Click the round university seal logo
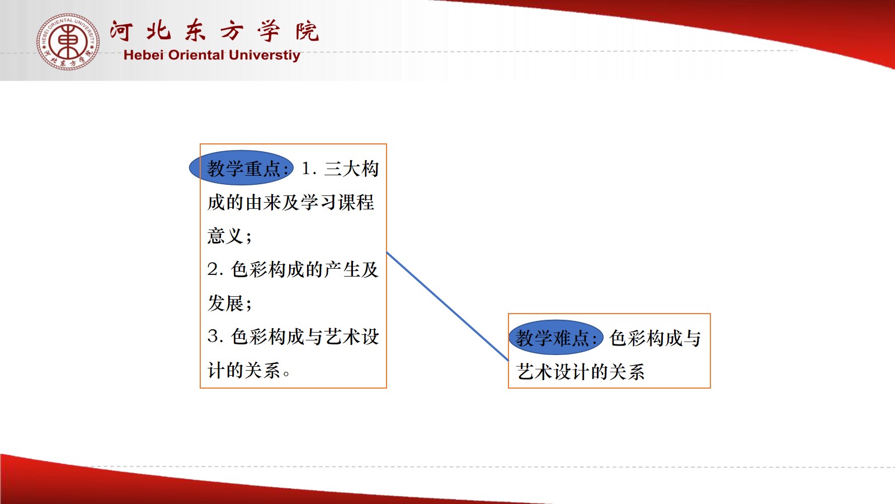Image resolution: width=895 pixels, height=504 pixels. coord(68,41)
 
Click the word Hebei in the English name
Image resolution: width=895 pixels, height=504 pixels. coord(143,55)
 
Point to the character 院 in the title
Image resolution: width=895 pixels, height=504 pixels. coord(307,31)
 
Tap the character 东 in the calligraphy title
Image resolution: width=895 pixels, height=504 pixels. coord(195,30)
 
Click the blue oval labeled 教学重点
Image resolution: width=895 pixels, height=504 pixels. coord(241,167)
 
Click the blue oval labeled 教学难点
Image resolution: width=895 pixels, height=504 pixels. coord(556,337)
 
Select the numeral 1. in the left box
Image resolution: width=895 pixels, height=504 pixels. coord(309,169)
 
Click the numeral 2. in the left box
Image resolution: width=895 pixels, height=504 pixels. coord(215,269)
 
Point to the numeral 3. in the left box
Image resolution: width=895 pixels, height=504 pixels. coord(215,337)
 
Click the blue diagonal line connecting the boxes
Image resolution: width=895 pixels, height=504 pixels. coord(447,306)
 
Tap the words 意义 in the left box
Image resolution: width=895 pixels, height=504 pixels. coord(225,236)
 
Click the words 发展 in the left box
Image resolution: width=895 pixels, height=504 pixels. coord(225,303)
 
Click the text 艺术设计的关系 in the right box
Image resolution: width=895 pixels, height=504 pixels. coord(580,372)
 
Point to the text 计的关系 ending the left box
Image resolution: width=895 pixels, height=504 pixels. coord(244,370)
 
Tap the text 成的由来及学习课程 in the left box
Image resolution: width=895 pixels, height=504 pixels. coord(290,202)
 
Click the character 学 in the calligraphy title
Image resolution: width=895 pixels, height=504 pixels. coord(268,30)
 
